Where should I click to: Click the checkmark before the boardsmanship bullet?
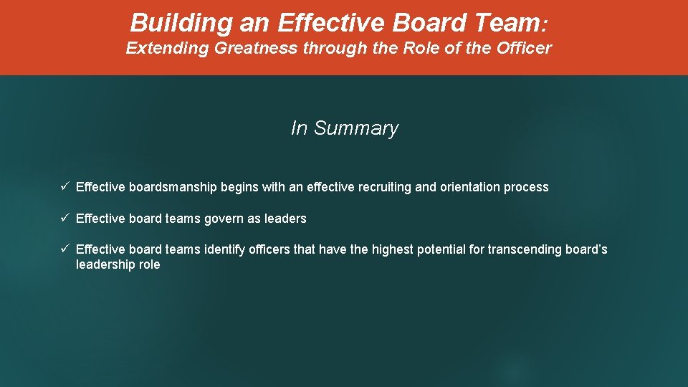(64, 187)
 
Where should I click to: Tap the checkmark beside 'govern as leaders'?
(64, 219)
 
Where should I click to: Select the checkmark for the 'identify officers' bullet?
(64, 249)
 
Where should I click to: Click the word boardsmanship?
(173, 187)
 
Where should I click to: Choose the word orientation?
(469, 187)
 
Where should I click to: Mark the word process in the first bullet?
(525, 187)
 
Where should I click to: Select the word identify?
(225, 249)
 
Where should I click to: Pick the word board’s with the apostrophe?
(586, 249)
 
